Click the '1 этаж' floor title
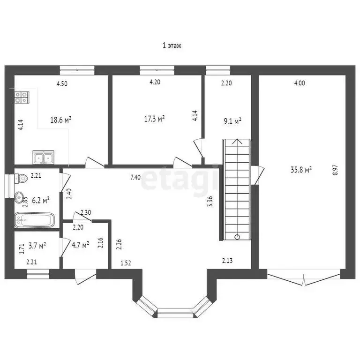172,45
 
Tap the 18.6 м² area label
61,120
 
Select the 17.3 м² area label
154,119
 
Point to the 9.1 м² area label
232,121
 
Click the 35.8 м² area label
301,170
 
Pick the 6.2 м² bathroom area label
41,201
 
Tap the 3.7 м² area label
37,246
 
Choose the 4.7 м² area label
80,245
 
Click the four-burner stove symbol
22,97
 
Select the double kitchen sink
44,157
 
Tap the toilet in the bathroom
21,179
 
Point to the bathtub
34,220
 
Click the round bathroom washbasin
19,197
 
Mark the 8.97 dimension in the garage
335,170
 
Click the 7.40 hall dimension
135,177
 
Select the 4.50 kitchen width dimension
62,83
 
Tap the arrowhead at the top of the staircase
237,141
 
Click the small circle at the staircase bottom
237,237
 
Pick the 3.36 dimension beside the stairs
210,202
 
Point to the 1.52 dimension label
126,263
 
